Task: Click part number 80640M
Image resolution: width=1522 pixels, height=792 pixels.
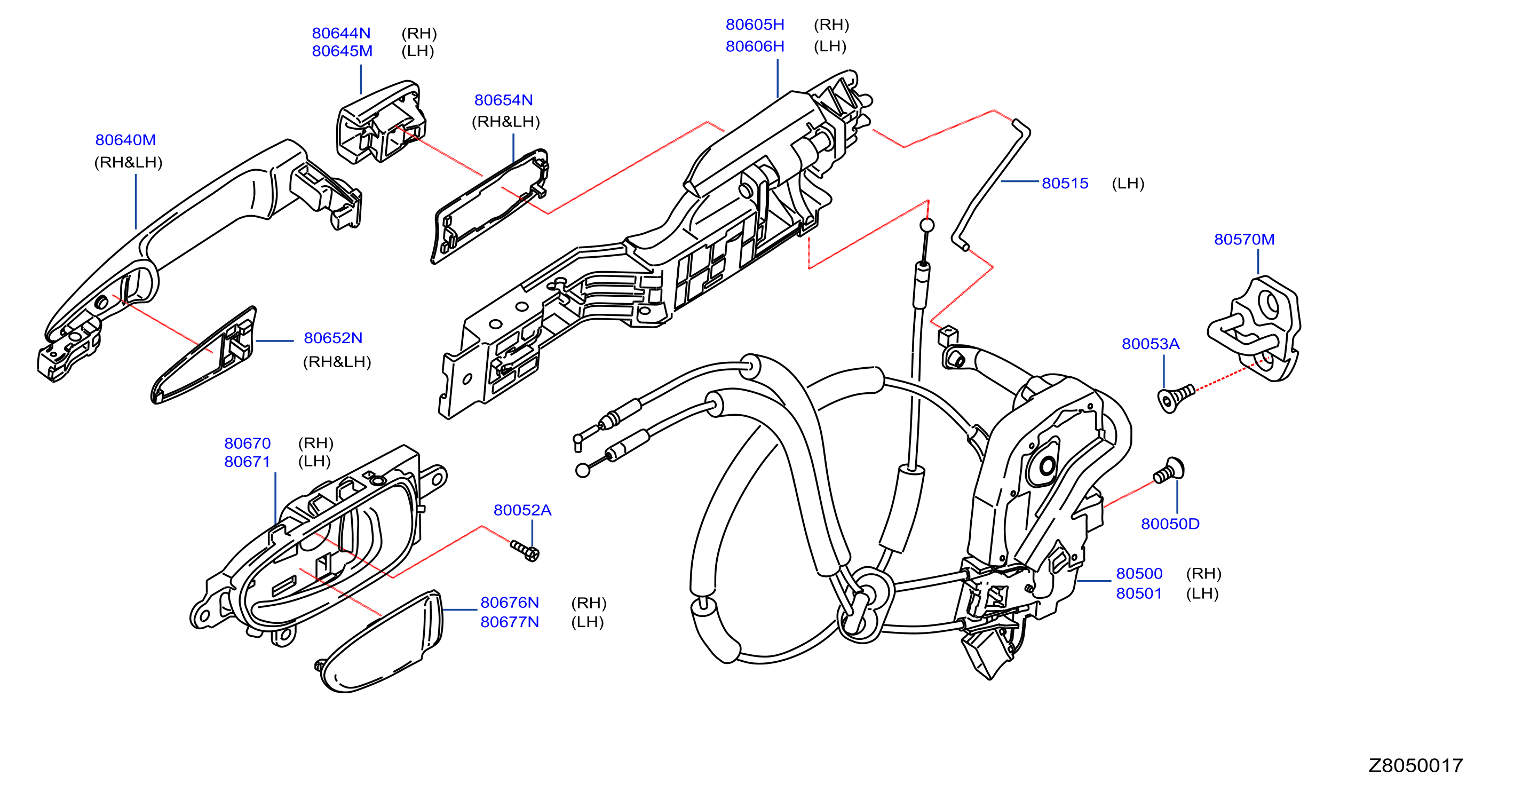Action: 125,140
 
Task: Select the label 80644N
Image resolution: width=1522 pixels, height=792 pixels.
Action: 341,33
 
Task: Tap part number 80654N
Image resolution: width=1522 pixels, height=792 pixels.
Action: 503,100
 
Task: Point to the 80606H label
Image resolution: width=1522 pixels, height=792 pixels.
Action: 755,46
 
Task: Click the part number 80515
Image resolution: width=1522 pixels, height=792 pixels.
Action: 1065,183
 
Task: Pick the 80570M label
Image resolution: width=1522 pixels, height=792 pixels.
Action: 1244,240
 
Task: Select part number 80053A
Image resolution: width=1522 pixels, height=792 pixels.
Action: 1151,344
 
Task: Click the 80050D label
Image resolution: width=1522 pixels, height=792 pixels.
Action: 1170,524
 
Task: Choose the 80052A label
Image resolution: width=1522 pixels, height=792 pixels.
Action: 522,510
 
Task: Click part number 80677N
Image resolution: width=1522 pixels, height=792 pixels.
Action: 509,622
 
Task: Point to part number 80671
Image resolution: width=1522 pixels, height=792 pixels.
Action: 247,462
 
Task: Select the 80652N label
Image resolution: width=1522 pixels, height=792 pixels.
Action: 332,338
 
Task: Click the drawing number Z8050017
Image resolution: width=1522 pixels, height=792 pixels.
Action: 1415,765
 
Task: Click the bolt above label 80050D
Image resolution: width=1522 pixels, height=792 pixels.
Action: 1169,471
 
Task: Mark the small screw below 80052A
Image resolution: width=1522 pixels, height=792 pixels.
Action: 525,551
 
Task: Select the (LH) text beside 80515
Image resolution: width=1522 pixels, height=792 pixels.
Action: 1128,183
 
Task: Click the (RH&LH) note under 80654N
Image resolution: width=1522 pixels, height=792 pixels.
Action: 506,122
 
